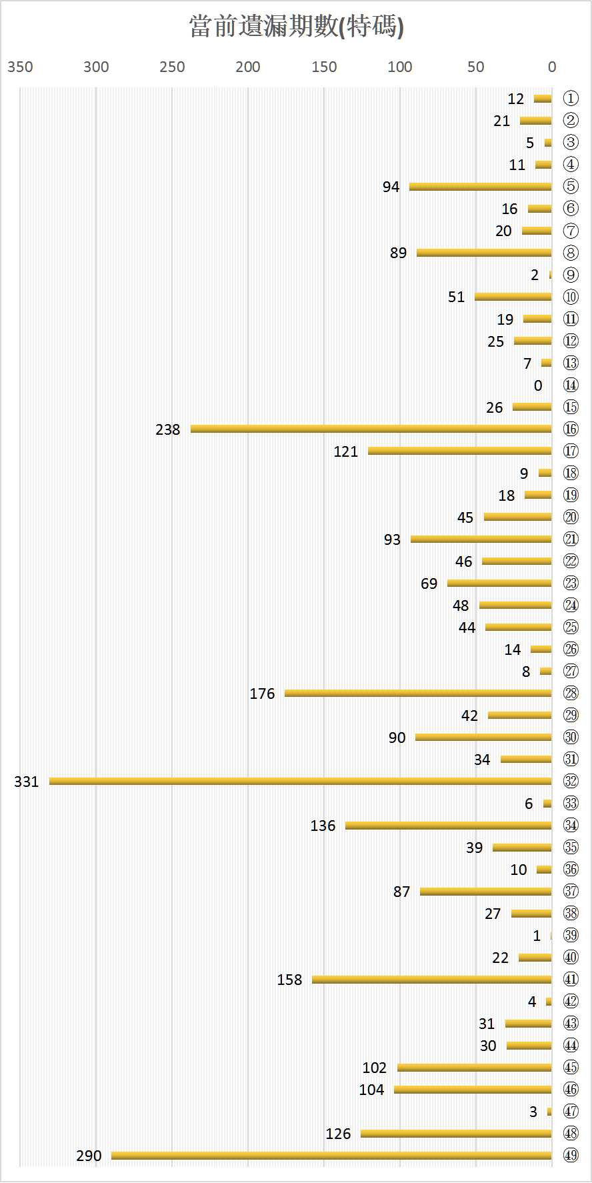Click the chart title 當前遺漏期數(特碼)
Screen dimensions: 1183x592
[x=297, y=27]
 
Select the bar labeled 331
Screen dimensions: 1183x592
[x=300, y=781]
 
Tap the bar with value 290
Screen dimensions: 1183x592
[x=331, y=1155]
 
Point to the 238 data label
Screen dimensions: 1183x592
[x=168, y=429]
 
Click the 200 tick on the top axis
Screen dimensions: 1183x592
[x=248, y=67]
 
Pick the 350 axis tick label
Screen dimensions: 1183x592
[x=20, y=67]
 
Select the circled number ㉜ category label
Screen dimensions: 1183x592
[x=571, y=781]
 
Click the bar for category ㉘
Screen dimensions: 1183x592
[x=418, y=694]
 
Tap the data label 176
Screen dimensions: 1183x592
[x=262, y=694]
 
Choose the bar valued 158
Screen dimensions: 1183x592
[x=431, y=980]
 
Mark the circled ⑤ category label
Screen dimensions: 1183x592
[x=571, y=187]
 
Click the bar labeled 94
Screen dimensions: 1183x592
[x=480, y=187]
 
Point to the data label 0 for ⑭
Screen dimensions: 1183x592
[x=538, y=385]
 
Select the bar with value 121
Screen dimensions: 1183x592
[x=460, y=451]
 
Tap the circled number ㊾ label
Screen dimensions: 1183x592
[x=571, y=1155]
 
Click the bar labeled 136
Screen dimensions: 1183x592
[x=448, y=826]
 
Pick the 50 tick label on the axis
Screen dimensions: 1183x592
[x=476, y=67]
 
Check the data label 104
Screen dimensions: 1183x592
[x=371, y=1090]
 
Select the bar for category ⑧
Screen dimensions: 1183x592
[x=484, y=253]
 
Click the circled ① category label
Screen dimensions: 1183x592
[x=571, y=99]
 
